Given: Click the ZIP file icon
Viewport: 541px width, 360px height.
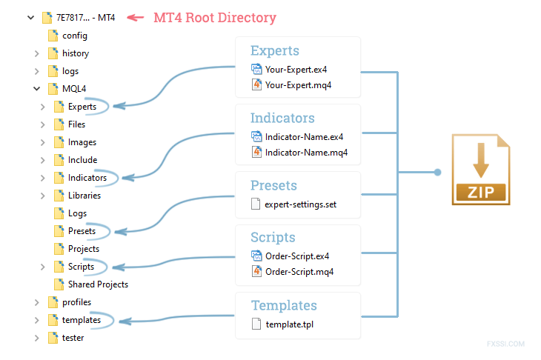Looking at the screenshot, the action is [481, 170].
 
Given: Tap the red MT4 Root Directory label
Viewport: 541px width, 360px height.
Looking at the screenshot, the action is [215, 18].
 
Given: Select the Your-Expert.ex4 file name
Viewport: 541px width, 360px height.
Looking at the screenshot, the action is [296, 70].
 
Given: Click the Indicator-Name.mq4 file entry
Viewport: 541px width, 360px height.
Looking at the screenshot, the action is [306, 153].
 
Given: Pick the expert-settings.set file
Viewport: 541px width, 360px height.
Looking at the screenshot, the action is [300, 204].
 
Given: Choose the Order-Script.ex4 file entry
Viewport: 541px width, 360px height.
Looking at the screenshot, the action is [296, 256].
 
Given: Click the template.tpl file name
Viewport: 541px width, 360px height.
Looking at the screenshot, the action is [290, 324].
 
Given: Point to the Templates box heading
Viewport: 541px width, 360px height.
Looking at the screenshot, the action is [284, 305].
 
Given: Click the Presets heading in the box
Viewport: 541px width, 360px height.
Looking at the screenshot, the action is [273, 185].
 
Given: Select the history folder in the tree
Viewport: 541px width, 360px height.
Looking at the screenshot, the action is [75, 53].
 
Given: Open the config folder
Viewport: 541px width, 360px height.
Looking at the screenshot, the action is [75, 36].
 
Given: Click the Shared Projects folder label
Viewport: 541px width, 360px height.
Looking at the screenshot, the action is [98, 284].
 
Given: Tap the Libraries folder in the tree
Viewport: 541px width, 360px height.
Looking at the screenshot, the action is [84, 196].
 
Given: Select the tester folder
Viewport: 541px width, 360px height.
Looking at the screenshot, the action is [73, 338].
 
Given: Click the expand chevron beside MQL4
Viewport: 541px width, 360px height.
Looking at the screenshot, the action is [36, 89].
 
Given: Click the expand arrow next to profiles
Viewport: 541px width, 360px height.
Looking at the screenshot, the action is [36, 302].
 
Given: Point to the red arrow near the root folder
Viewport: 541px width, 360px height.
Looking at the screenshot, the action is [135, 18].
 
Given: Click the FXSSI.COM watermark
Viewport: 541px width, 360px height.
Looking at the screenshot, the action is [506, 344].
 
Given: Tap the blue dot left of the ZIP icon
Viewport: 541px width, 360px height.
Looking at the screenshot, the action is [437, 172].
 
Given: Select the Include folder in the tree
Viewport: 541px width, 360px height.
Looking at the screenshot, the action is [82, 160].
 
